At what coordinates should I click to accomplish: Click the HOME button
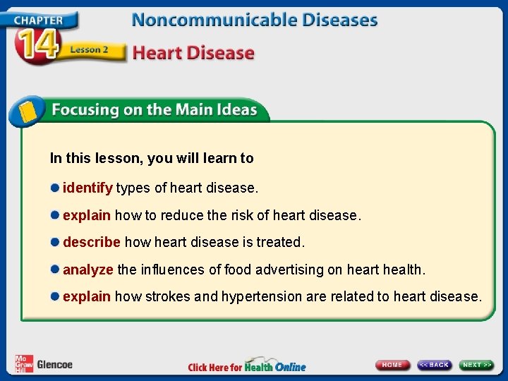(x=392, y=365)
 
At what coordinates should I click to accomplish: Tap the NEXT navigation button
(x=477, y=365)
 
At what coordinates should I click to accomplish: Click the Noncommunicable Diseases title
(x=254, y=19)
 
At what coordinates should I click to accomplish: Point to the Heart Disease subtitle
(x=193, y=53)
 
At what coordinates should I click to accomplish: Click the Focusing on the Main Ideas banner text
(x=153, y=110)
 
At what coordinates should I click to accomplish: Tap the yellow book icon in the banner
(x=27, y=111)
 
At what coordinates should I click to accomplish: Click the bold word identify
(x=87, y=188)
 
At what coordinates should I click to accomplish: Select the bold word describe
(x=92, y=242)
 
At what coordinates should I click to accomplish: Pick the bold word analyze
(x=88, y=270)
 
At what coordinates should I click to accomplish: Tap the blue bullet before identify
(x=54, y=188)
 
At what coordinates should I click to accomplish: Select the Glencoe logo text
(x=54, y=365)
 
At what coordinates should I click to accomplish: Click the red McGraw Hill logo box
(x=24, y=363)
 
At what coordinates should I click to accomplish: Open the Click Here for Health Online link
(x=247, y=366)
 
